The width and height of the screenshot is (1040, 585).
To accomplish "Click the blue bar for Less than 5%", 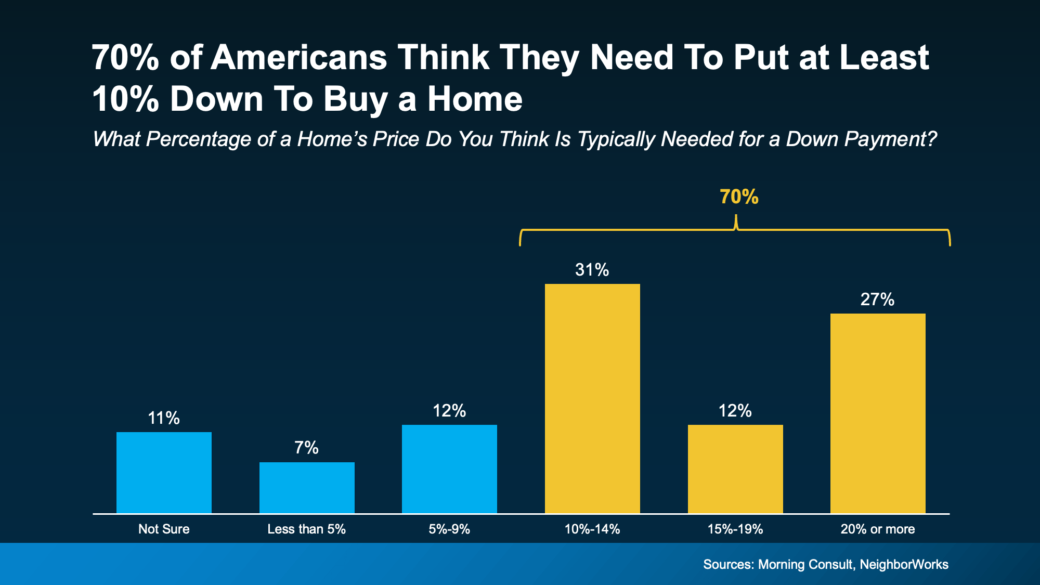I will (x=307, y=487).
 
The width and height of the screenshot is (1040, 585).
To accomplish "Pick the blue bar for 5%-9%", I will (x=449, y=469).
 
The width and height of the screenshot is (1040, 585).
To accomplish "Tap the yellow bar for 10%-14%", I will (x=592, y=398).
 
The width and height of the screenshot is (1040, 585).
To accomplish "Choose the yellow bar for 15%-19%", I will (x=735, y=469).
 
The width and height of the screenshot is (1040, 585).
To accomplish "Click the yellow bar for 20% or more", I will (x=878, y=413).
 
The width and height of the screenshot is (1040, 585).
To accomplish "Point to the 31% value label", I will (x=592, y=269).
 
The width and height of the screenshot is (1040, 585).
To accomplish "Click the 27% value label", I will (x=877, y=299).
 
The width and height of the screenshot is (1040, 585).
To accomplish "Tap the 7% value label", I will (x=306, y=447).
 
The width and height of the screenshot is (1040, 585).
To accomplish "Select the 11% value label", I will (x=164, y=418).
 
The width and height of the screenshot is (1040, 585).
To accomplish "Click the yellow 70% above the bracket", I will (x=739, y=197).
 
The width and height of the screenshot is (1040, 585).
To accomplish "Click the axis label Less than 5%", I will (x=306, y=529).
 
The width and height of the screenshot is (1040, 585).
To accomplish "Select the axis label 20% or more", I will (x=877, y=529).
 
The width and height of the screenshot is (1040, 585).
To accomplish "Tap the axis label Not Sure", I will (x=164, y=529).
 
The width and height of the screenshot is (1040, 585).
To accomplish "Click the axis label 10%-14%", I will (x=592, y=529).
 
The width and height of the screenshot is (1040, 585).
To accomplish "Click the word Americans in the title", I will (x=298, y=57).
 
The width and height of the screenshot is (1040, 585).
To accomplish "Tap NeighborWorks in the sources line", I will (x=904, y=564).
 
